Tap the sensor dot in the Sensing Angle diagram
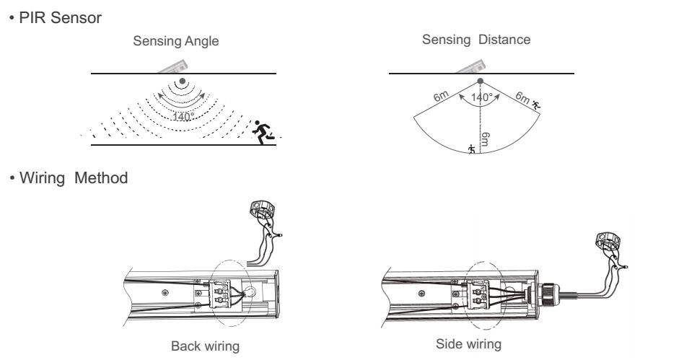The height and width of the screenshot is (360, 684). (183, 82)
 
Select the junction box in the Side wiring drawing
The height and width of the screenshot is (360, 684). (607, 242)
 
